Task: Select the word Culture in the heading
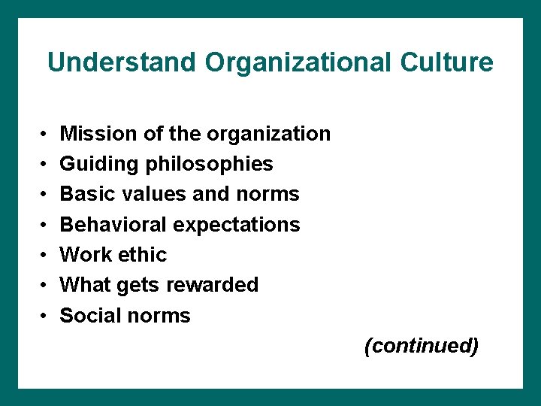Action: point(447,62)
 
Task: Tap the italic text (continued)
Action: point(421,346)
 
